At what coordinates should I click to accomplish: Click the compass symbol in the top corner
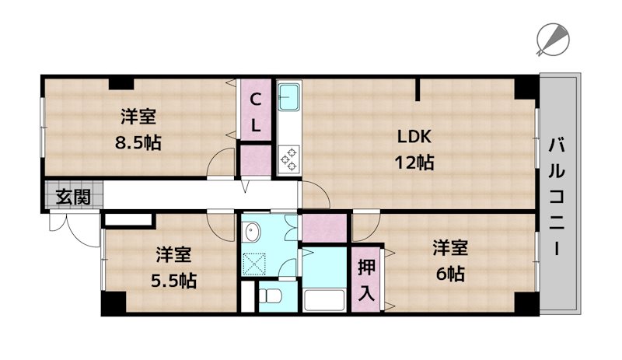pos(554,38)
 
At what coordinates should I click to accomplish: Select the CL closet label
pos(255,111)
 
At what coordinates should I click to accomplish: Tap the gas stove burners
pos(288,158)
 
